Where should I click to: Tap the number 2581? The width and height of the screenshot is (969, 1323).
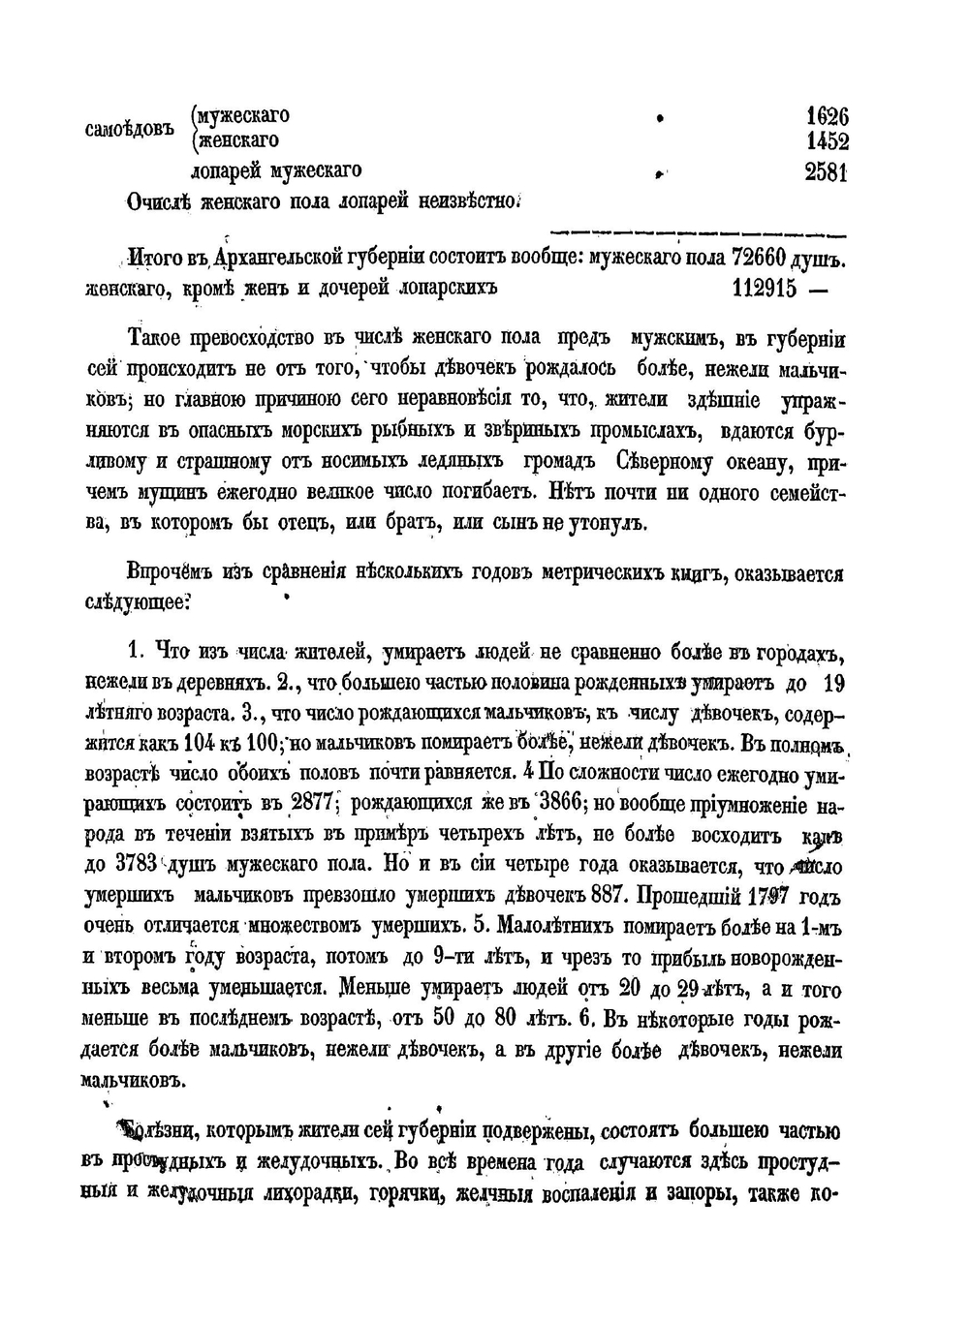click(827, 172)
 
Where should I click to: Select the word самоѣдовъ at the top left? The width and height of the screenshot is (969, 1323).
click(131, 130)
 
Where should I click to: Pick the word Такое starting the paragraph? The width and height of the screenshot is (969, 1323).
click(158, 339)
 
